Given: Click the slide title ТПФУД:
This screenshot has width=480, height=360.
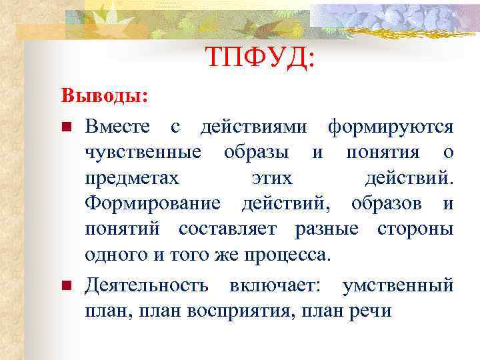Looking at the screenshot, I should pyautogui.click(x=259, y=59).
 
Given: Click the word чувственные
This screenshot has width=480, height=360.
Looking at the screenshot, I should pyautogui.click(x=143, y=153).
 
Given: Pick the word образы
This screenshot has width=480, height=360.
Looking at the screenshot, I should pyautogui.click(x=256, y=153).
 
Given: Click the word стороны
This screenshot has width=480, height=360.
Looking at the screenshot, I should pyautogui.click(x=415, y=229).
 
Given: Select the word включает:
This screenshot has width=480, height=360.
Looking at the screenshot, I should pyautogui.click(x=275, y=286).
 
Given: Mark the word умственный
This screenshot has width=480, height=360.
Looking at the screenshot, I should pyautogui.click(x=398, y=286).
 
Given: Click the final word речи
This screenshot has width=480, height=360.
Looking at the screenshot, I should pyautogui.click(x=372, y=311).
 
